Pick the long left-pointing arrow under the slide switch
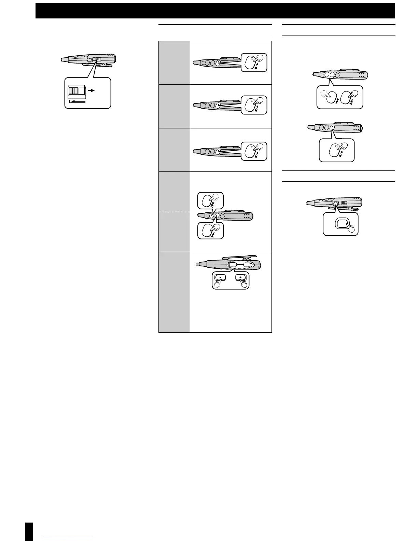coord(77,101)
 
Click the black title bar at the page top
coord(215,11)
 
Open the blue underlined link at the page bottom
coord(68,538)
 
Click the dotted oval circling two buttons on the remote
coord(241,265)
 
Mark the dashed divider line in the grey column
coord(174,212)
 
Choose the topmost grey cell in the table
coord(174,63)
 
